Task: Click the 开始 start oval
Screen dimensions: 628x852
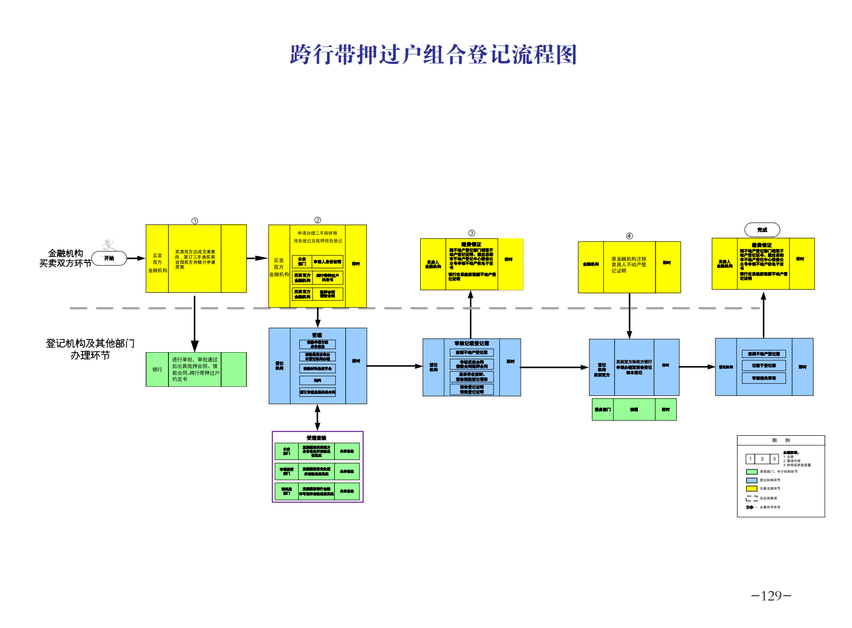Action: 109,258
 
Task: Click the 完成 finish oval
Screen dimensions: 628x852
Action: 762,230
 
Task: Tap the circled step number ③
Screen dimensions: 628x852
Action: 471,233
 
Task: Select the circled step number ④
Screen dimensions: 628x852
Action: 629,236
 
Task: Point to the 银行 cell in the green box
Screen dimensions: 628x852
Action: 157,369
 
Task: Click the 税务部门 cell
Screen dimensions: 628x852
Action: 602,410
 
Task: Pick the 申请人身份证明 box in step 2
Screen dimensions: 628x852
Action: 328,262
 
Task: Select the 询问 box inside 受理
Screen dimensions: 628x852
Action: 318,380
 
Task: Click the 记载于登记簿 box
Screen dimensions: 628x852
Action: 764,366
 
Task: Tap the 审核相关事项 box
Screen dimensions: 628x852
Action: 764,378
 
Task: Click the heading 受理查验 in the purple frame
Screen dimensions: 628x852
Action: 317,438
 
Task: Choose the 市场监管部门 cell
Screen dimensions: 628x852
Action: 286,471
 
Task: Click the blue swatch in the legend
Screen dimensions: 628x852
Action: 751,480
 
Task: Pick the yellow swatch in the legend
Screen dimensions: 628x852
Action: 751,488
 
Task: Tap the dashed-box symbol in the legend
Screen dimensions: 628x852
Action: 751,498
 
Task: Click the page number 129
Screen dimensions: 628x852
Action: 771,596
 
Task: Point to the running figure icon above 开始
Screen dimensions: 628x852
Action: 110,244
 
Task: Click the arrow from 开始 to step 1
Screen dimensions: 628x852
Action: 136,258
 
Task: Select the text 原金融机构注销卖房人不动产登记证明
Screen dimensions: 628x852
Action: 628,265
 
